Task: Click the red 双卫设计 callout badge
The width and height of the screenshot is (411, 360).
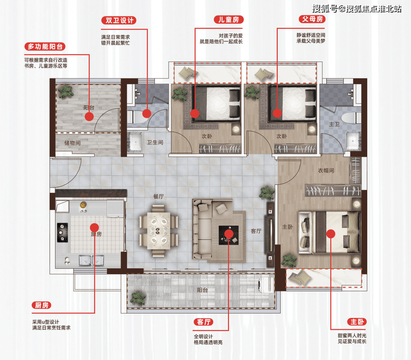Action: click(119, 20)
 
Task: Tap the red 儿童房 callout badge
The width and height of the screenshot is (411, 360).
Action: click(229, 19)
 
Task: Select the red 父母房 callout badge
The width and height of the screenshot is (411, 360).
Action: click(312, 19)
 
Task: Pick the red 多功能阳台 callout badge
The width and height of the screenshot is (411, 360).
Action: click(45, 46)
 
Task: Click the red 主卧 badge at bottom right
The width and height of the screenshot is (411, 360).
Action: click(357, 322)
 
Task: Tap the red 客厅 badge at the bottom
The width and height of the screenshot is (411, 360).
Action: click(203, 322)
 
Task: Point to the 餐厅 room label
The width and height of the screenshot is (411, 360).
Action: click(159, 196)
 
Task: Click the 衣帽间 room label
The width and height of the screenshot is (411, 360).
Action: click(326, 170)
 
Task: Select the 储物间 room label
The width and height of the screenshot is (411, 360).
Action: click(72, 143)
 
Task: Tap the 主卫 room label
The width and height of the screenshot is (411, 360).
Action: click(334, 124)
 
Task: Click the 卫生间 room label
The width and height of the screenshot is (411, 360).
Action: click(155, 142)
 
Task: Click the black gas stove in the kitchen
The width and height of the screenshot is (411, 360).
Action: click(62, 233)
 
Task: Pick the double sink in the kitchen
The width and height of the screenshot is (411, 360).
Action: click(91, 261)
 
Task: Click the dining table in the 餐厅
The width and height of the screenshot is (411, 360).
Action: click(159, 231)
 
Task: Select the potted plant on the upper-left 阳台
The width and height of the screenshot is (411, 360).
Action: click(65, 92)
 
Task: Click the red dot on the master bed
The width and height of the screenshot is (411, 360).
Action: click(331, 234)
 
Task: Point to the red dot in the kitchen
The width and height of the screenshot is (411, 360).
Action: click(94, 227)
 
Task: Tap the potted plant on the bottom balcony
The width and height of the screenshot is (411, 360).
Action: click(138, 298)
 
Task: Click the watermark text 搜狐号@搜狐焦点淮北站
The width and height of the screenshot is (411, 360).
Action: click(357, 9)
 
